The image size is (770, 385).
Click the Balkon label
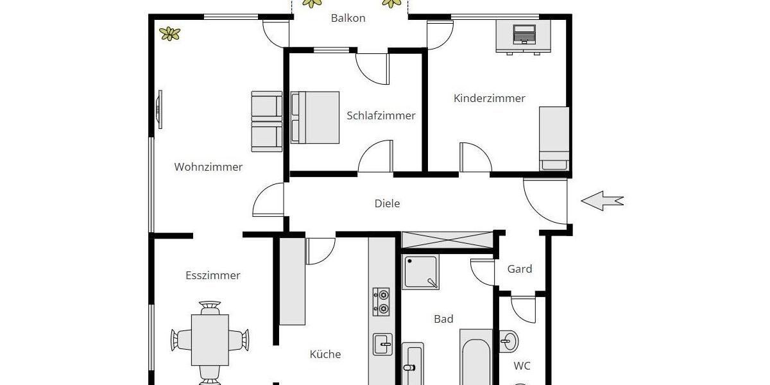(x=348, y=18)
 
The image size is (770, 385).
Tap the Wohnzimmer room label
(x=209, y=167)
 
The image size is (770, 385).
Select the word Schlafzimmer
(x=381, y=116)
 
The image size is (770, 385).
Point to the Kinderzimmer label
(x=489, y=98)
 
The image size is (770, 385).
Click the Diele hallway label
(x=387, y=203)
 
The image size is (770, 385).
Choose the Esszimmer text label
(x=212, y=275)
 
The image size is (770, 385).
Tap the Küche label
(x=325, y=354)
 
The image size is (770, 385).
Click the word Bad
(x=443, y=319)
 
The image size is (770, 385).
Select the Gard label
(x=520, y=269)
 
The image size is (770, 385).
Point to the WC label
(x=522, y=366)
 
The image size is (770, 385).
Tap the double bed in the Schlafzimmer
(x=315, y=117)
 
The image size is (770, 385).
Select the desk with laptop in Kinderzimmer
(x=523, y=37)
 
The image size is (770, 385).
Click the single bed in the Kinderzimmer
(x=554, y=139)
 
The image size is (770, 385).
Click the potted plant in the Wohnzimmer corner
(x=170, y=33)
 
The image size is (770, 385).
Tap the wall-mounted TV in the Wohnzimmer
(x=158, y=110)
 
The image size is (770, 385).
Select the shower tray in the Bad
(x=421, y=272)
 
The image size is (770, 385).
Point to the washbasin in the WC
(x=509, y=340)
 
